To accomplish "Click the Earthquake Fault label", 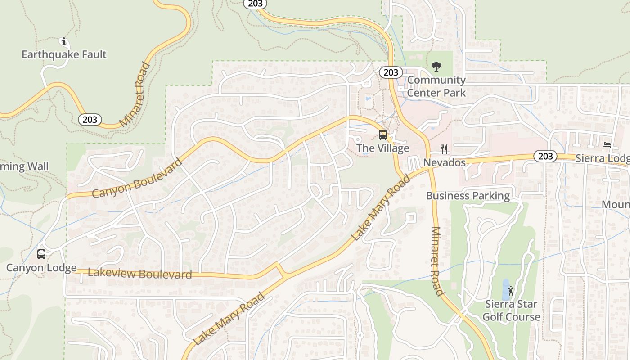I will click(x=64, y=54).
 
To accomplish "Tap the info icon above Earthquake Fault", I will click(x=64, y=42).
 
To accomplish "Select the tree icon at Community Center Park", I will click(x=436, y=67).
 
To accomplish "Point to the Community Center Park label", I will click(x=436, y=86).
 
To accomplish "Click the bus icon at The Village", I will click(x=383, y=135).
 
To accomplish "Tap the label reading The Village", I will click(x=383, y=148).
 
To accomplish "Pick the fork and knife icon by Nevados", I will click(x=444, y=149).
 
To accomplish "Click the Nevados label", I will click(x=445, y=162).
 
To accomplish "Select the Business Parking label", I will click(x=468, y=196).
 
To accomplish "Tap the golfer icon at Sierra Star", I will click(x=510, y=291).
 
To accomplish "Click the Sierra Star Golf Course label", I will click(x=511, y=310).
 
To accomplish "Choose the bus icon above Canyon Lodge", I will click(x=41, y=254).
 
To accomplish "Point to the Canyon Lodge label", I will click(x=41, y=268).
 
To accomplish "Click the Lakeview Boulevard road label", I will click(x=140, y=273).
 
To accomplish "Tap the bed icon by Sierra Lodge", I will click(x=607, y=145).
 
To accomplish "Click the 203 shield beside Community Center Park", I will click(x=391, y=72).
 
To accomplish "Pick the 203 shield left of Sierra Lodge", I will click(x=545, y=156).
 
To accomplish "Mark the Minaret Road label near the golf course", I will click(x=437, y=261).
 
